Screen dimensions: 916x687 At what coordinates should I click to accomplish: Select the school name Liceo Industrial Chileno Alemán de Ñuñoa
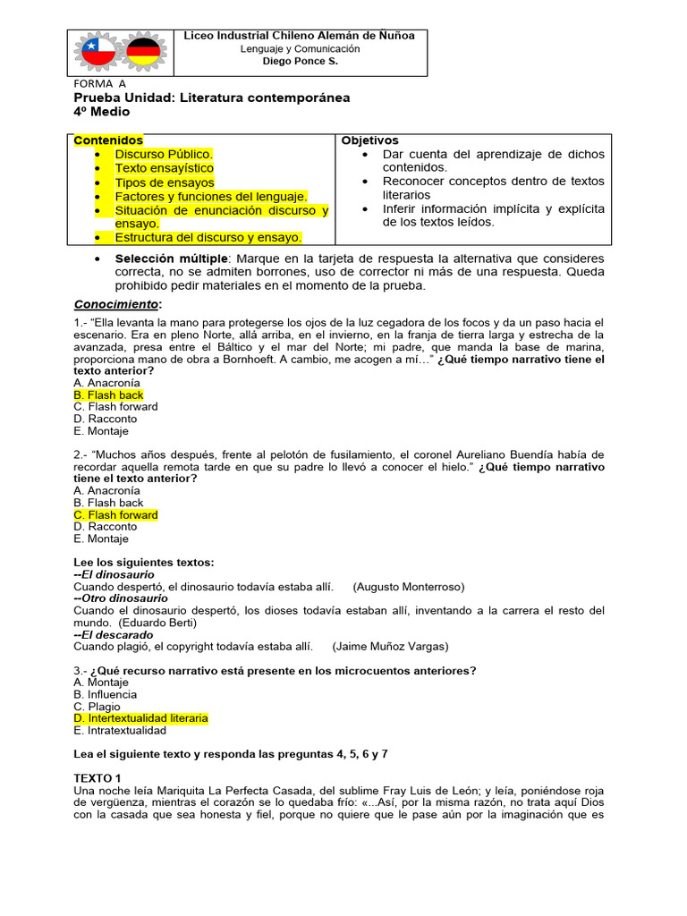(300, 36)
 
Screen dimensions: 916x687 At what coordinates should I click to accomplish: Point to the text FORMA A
(99, 84)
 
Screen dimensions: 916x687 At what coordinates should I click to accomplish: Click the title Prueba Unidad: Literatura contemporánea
(211, 98)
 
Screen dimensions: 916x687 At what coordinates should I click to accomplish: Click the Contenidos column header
(108, 140)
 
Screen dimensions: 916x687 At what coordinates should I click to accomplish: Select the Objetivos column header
(369, 140)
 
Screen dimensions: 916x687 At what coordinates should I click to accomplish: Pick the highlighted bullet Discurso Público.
(164, 154)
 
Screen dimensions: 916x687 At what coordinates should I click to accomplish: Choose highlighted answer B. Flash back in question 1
(108, 394)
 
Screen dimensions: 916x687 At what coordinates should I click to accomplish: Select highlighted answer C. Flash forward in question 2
(115, 515)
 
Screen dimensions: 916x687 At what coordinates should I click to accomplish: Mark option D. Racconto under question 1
(106, 418)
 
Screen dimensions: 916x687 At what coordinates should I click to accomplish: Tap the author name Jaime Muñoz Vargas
(390, 646)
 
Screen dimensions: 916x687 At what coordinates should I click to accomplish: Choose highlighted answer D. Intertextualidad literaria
(140, 718)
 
